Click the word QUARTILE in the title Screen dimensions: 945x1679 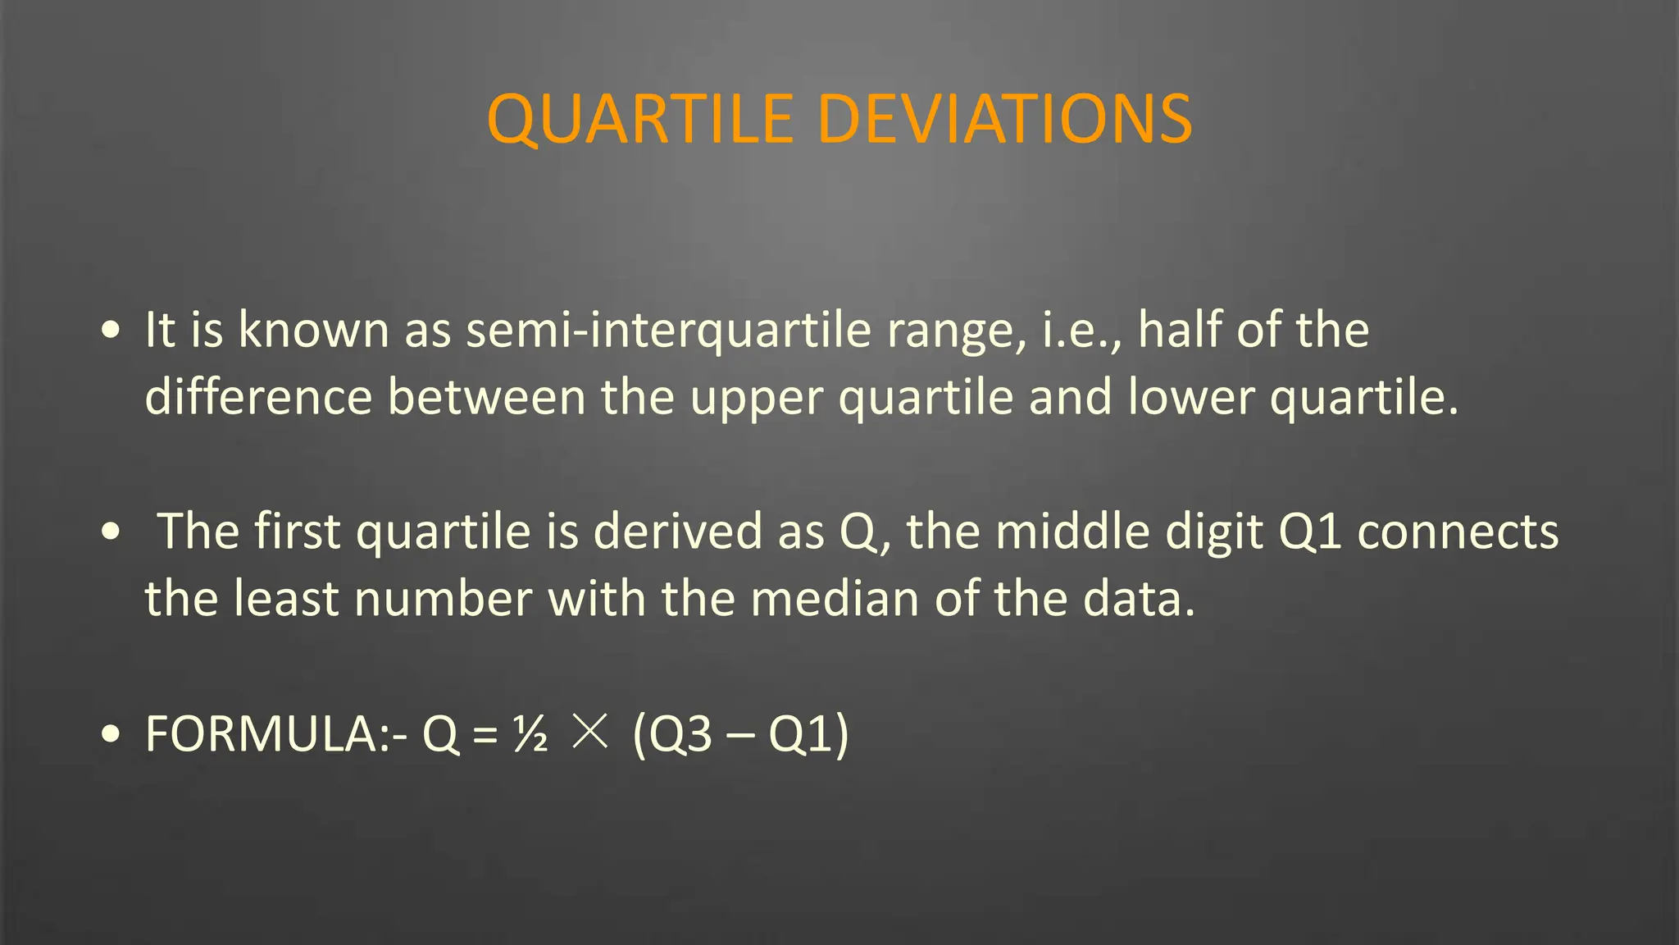(640, 120)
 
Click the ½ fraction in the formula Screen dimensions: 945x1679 (530, 733)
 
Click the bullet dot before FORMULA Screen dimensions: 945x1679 (111, 734)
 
